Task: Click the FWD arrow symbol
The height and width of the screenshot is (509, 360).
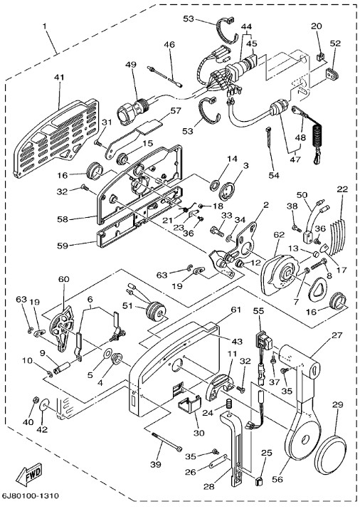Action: (x=29, y=473)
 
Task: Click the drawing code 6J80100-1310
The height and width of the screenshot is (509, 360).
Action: (x=30, y=495)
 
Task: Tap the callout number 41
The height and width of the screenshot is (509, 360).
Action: (x=59, y=78)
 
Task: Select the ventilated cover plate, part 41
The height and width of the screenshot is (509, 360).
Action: (x=55, y=137)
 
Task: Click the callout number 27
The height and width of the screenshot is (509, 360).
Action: (x=337, y=335)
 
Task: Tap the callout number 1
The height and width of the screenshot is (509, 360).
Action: (x=44, y=26)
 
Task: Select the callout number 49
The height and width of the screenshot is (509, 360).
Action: (x=131, y=64)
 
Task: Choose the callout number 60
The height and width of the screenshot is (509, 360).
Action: (x=64, y=279)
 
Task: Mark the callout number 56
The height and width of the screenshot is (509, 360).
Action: (x=277, y=479)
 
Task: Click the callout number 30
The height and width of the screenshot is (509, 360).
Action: (x=199, y=433)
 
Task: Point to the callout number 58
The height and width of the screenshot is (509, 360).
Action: (x=63, y=219)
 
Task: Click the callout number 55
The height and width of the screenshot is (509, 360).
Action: (x=258, y=311)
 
